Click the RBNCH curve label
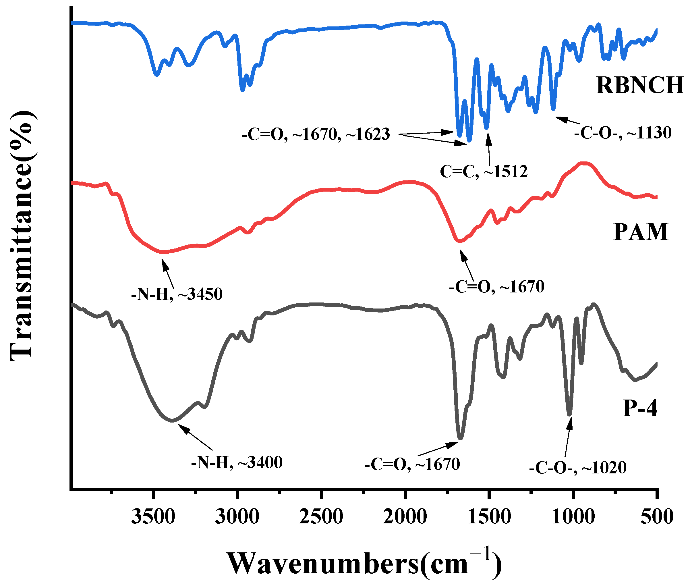639,85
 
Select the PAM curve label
640,232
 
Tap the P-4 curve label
640,408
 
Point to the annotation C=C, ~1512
484,171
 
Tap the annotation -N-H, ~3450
177,294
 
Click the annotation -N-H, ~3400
237,463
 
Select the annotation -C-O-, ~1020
578,468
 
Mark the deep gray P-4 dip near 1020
569,414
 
